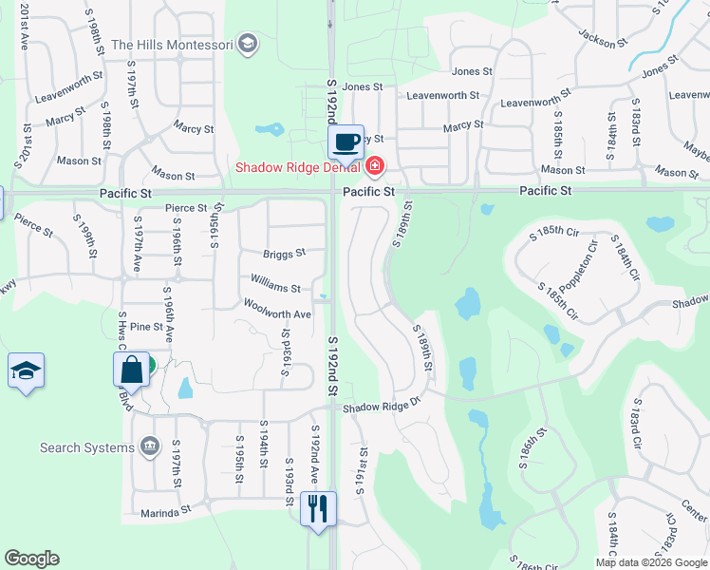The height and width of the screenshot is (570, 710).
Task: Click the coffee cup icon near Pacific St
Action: click(346, 142)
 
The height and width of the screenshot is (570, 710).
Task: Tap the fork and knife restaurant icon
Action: click(318, 508)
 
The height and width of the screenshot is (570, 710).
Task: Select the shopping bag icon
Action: click(132, 370)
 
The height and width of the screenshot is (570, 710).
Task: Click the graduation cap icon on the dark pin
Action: click(26, 370)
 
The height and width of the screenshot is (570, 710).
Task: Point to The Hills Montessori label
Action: click(172, 45)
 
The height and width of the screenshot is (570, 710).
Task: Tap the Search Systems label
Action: click(87, 447)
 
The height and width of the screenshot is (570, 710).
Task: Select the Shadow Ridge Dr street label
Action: click(381, 408)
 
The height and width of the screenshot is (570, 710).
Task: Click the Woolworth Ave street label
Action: click(277, 314)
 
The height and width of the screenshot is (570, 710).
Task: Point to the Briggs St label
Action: click(285, 254)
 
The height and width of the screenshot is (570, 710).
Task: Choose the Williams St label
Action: click(275, 288)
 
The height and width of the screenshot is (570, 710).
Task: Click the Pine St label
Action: click(147, 327)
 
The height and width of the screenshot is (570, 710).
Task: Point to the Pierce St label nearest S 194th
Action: click(185, 208)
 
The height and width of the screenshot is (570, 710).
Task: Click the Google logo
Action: click(31, 559)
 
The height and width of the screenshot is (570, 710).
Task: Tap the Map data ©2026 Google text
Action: click(651, 562)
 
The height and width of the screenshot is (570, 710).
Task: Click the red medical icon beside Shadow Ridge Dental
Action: click(374, 168)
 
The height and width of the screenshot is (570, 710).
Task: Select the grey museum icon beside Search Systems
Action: click(148, 446)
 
